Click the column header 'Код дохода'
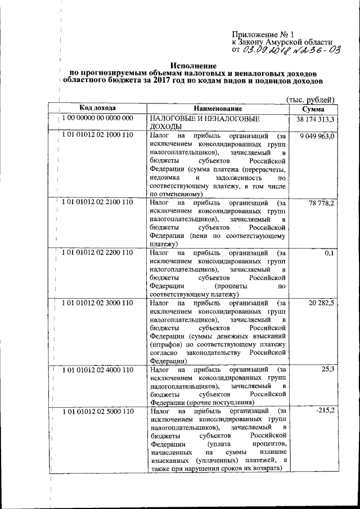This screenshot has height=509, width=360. point(97,108)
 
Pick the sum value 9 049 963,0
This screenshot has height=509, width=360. point(318,137)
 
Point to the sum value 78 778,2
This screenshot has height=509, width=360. point(323,202)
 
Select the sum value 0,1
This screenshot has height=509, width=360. point(330,253)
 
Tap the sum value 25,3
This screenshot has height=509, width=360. point(328,369)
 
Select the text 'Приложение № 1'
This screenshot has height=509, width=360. point(259,34)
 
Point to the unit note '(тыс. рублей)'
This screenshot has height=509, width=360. point(310,99)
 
